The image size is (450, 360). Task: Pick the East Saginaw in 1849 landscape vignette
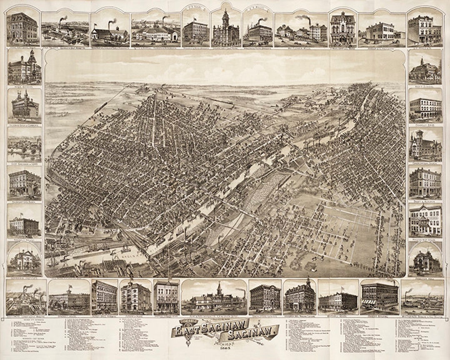point(24,144)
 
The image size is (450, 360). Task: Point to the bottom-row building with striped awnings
point(379,297)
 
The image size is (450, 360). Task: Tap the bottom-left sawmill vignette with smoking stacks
point(26,297)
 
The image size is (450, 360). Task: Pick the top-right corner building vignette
point(424,27)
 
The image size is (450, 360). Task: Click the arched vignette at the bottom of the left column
point(24,260)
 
